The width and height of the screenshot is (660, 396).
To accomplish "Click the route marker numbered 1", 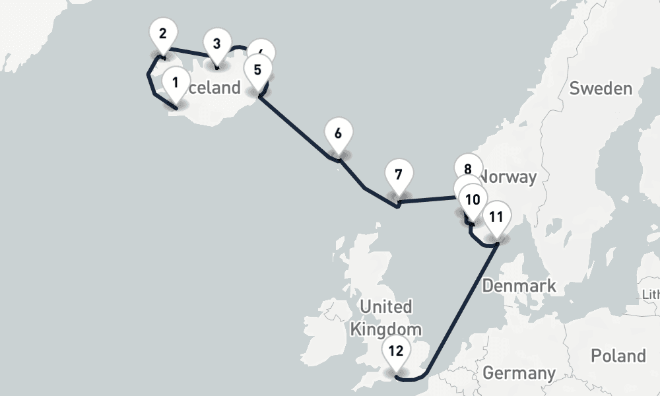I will pos(175,83).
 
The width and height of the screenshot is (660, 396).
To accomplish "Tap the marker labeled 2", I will pos(163,32).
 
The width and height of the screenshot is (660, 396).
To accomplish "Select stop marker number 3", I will pos(216,44).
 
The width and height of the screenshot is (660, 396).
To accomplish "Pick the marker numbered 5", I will pos(257,69).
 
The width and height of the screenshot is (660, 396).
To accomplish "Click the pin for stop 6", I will pos(338,133).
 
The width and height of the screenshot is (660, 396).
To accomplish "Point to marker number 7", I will pos(398,175).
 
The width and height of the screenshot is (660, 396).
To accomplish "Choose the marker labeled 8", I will pos(467,168).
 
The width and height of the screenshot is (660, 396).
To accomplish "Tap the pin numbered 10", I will pos(473,199).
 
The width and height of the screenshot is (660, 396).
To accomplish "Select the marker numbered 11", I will pos(496,216).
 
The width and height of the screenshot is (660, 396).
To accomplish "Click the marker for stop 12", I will pos(396,350).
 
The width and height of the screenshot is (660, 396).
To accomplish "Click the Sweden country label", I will pos(601,88).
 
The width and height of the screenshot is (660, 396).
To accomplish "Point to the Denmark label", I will pos(519,286).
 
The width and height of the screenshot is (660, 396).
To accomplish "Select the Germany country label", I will pos(519,372).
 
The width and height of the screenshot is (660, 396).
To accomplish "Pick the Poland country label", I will pos(618,356).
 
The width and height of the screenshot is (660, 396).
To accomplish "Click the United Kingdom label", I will pos(386,317).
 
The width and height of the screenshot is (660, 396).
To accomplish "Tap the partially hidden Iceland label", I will pos(215,88).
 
